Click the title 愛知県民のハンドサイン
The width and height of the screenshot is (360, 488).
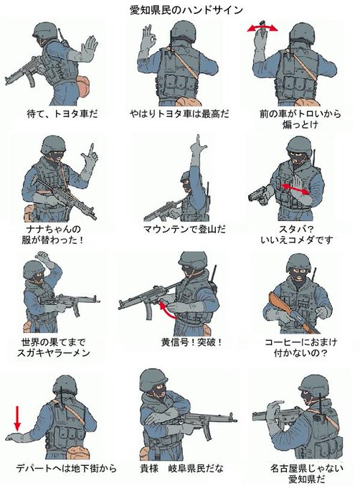pos(186,10)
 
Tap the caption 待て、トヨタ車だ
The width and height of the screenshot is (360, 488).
pos(62,113)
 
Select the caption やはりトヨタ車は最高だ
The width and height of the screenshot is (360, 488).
pos(179,113)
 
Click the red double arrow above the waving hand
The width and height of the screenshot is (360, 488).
pos(262,29)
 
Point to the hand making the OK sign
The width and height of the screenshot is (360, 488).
pos(148,37)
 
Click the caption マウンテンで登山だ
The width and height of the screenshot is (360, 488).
pos(184,230)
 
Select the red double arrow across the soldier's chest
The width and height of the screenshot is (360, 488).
pos(295,189)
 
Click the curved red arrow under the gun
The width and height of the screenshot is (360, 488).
pos(167,311)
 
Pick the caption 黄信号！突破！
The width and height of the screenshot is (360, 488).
pos(192,342)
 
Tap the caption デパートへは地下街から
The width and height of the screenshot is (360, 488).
pos(66,468)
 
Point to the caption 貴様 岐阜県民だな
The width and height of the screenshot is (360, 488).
pos(181,468)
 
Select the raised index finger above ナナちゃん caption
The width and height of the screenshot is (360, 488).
pos(91,150)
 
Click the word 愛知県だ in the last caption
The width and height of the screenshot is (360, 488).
pos(306,479)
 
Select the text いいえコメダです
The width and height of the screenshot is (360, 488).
pos(297,240)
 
